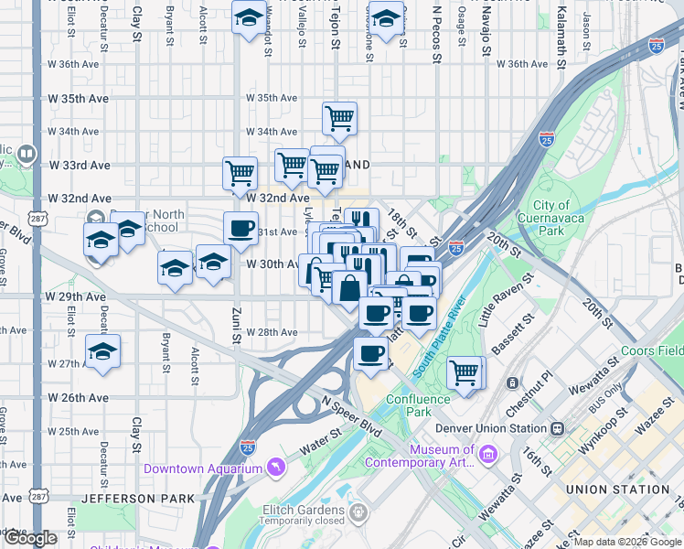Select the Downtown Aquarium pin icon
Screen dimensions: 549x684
[275, 468]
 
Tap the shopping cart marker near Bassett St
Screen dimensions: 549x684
[465, 372]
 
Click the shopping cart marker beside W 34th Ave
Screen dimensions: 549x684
[339, 117]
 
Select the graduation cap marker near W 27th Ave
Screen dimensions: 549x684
[103, 351]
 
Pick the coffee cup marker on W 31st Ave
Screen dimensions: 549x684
[241, 229]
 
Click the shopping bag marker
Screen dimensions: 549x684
[350, 287]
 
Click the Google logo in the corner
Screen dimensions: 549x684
[30, 538]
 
